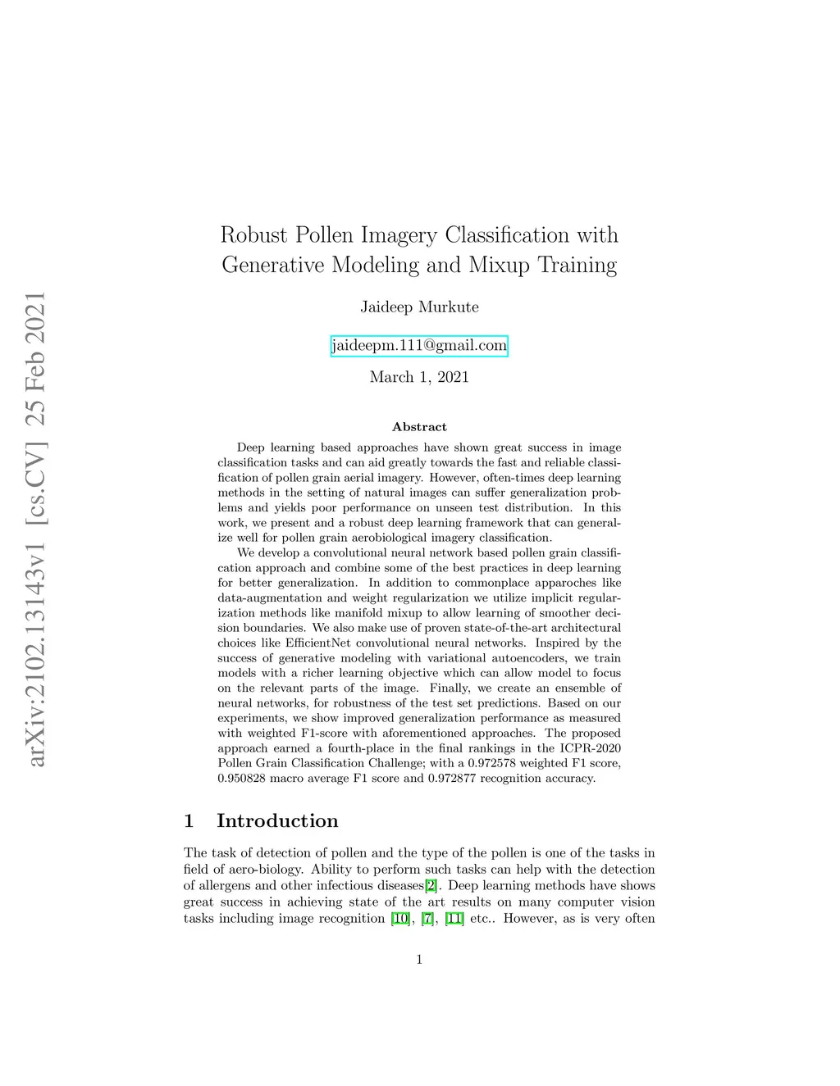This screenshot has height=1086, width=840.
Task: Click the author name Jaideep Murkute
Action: (419, 307)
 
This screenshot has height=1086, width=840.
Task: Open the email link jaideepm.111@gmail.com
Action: (419, 346)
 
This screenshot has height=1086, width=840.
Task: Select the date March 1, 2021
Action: (419, 377)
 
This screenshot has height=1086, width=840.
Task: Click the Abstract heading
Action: (419, 427)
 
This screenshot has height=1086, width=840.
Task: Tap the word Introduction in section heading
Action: (277, 821)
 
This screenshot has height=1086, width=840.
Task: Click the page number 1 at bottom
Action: (419, 960)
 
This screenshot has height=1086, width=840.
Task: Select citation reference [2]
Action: (431, 886)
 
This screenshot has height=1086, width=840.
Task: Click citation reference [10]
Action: (401, 919)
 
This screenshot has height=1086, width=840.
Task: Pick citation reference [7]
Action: (427, 919)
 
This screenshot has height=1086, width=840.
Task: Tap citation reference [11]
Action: (454, 919)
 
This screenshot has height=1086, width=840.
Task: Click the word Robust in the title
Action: (254, 235)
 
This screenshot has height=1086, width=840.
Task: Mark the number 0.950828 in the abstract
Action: (243, 779)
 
